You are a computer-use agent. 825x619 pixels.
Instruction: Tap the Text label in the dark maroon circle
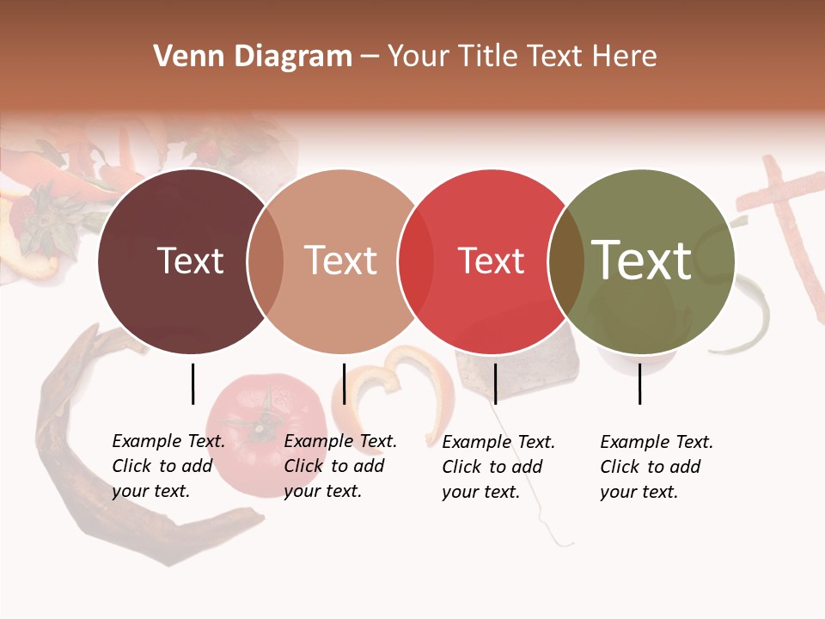[x=190, y=260]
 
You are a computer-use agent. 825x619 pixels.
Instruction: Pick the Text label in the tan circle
[x=341, y=260]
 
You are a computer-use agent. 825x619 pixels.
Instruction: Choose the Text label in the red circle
[x=491, y=261]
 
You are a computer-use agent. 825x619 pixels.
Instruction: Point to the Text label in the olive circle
[x=642, y=260]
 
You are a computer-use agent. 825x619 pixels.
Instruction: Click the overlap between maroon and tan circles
[x=266, y=261]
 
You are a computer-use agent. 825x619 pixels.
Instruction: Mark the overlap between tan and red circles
[x=416, y=261]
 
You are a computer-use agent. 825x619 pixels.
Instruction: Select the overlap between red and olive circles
[x=566, y=261]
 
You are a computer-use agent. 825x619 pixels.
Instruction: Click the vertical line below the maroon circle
[x=192, y=383]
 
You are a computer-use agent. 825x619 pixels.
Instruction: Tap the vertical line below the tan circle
[x=344, y=383]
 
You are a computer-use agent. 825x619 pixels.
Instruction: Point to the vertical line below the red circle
[x=495, y=383]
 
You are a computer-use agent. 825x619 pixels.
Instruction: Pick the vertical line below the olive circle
[x=639, y=383]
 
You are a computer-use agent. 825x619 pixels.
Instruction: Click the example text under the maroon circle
[x=168, y=466]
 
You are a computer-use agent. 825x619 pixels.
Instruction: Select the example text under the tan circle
[x=339, y=466]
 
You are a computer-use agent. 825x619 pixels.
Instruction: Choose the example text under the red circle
[x=498, y=467]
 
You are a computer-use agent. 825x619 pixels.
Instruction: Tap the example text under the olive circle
[x=656, y=467]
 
